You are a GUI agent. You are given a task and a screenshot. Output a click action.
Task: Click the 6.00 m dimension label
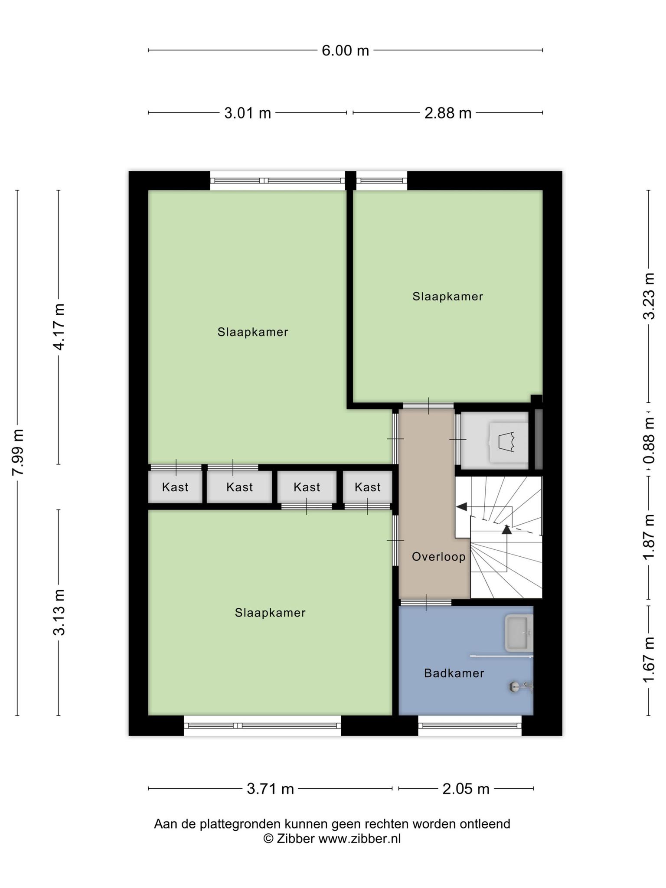[345, 51]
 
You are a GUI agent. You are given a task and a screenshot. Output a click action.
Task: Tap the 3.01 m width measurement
[247, 113]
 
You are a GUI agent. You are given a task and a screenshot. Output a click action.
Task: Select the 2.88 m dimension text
[447, 113]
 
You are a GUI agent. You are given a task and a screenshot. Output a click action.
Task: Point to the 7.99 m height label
[18, 452]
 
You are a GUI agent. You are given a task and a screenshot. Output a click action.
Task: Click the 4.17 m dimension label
[59, 327]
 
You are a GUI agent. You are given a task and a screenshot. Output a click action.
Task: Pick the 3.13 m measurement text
[59, 612]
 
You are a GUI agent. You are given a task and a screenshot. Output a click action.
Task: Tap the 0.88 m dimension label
[649, 440]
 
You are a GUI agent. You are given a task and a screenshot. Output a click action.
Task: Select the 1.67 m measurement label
[649, 659]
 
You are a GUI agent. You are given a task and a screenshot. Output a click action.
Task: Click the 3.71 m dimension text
[270, 789]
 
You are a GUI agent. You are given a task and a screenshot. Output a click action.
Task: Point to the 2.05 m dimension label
[466, 789]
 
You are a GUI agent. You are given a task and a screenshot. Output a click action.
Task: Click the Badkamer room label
[454, 673]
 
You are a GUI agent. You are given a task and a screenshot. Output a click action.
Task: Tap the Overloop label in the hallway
[438, 557]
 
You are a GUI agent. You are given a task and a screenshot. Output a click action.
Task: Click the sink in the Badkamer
[519, 633]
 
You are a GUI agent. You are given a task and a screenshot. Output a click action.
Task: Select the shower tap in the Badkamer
[520, 686]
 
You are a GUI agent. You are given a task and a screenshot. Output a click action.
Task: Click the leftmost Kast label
[175, 487]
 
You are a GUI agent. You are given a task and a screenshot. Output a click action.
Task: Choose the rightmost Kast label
[368, 487]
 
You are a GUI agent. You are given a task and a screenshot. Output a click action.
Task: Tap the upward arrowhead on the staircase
[506, 529]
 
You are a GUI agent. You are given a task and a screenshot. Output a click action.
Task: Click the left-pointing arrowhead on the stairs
[461, 506]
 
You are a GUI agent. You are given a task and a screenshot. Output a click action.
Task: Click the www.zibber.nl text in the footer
[359, 839]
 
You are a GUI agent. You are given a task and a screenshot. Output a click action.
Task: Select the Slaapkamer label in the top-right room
[447, 297]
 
